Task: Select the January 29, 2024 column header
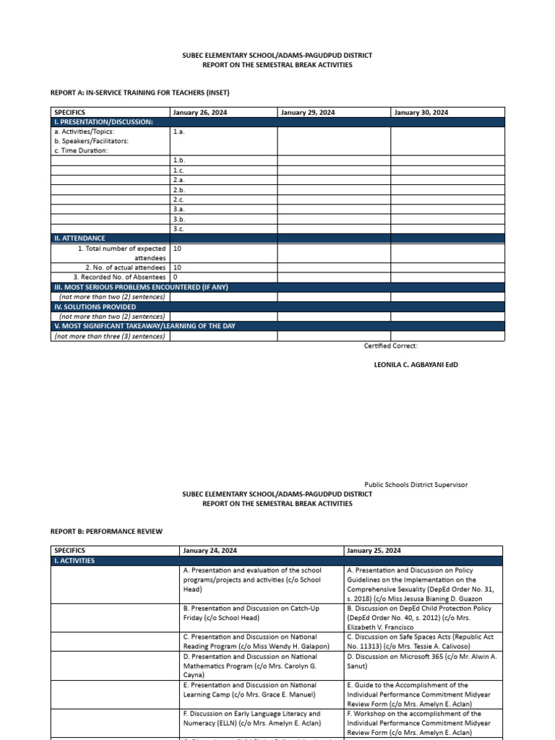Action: click(307, 113)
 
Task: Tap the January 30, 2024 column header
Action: click(421, 113)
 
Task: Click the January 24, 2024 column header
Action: click(210, 551)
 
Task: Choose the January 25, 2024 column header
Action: click(374, 551)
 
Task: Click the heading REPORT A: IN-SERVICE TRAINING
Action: click(140, 92)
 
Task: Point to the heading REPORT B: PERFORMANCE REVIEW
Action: click(106, 531)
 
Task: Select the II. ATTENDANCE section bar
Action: click(79, 238)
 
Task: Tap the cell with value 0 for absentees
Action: click(176, 277)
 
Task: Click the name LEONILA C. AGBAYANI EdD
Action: click(415, 365)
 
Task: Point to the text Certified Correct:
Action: click(391, 346)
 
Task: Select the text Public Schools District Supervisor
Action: click(416, 485)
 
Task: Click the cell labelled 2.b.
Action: click(179, 189)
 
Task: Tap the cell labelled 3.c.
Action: click(179, 228)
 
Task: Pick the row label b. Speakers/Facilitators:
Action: click(92, 141)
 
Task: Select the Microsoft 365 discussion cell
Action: click(422, 662)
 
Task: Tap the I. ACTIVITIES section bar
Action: click(74, 561)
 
